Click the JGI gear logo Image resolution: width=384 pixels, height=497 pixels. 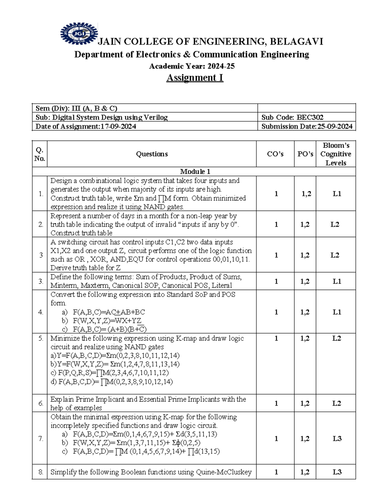pos(78,33)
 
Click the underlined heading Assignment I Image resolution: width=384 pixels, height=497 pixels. pos(195,78)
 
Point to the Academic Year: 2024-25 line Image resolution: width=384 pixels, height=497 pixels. pos(192,66)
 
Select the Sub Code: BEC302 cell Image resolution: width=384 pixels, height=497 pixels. pos(292,117)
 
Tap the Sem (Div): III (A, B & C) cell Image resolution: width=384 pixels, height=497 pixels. pos(76,108)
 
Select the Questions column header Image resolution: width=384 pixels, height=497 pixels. pos(152,154)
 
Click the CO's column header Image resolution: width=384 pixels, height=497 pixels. pos(275,154)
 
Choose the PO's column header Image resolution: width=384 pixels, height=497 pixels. pos(305,154)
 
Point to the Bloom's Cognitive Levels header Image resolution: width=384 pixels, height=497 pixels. pos(336,154)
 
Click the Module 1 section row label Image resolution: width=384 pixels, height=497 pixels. pos(195,172)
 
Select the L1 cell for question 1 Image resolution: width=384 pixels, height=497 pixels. pos(337,194)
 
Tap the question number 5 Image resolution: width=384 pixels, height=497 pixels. pos(41,339)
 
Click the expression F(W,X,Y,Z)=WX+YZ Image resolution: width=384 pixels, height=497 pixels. pos(107,321)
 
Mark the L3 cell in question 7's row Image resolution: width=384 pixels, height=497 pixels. pos(337,438)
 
